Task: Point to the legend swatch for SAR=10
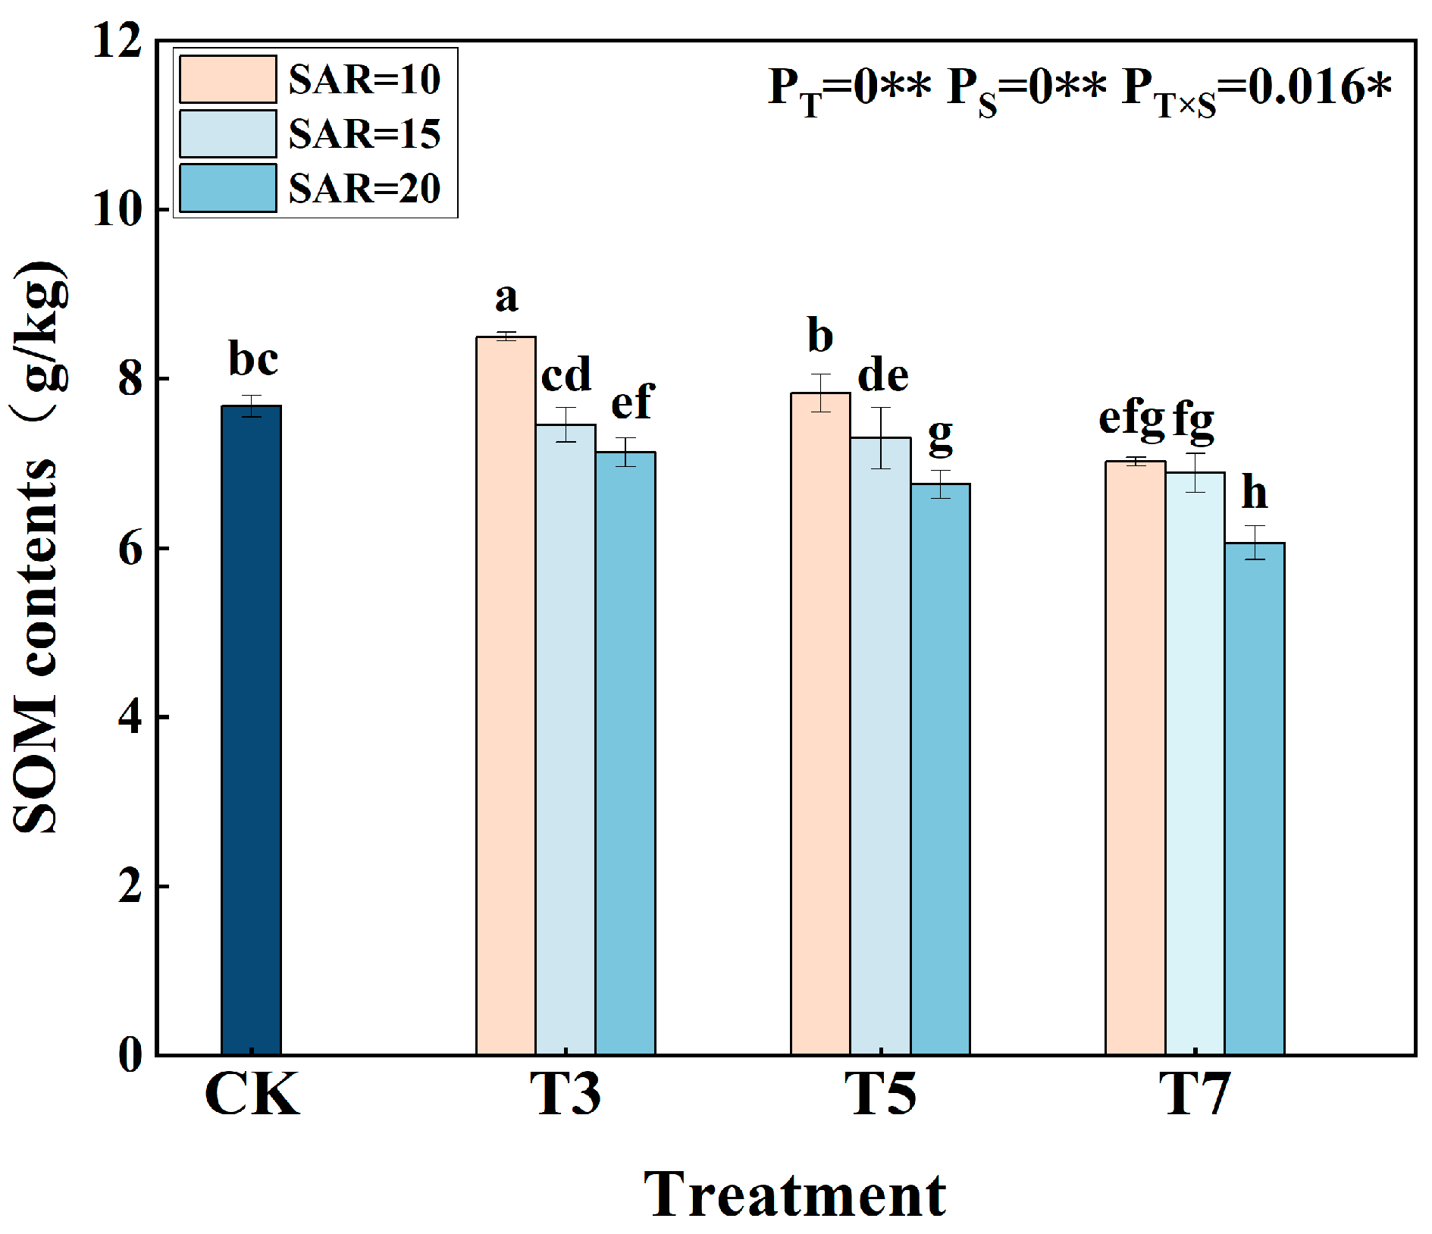point(227,79)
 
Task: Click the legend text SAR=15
point(365,134)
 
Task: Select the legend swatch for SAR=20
point(227,188)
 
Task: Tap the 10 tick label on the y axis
point(118,209)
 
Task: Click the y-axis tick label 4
point(130,716)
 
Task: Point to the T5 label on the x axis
point(880,1094)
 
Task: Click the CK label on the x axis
point(252,1094)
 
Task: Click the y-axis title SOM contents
point(38,546)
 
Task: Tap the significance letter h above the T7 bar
point(1255,493)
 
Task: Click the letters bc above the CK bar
point(253,359)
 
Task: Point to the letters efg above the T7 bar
point(1132,419)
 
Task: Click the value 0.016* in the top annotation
point(1319,87)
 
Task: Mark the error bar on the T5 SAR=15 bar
point(880,438)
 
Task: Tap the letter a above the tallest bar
point(506,298)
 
